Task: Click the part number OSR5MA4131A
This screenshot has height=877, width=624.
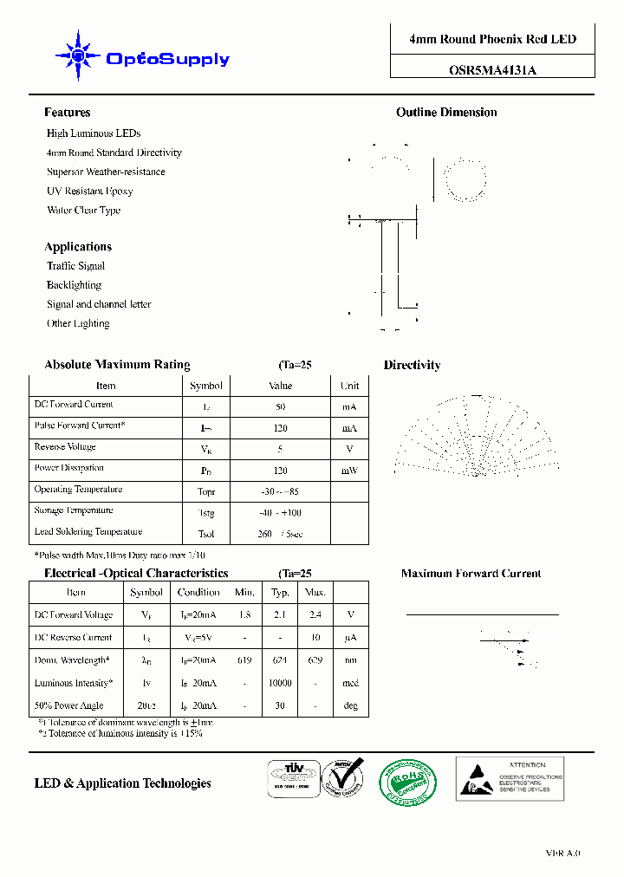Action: point(492,72)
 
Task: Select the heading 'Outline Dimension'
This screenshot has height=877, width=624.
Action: point(446,113)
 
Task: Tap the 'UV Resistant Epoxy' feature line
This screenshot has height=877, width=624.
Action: point(89,191)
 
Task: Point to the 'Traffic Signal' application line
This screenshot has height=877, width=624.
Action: point(75,266)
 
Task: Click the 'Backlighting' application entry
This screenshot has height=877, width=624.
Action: point(74,285)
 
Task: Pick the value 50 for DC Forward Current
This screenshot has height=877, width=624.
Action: point(280,406)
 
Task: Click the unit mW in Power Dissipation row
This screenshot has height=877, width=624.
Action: point(349,471)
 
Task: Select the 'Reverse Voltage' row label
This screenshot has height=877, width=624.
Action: point(65,447)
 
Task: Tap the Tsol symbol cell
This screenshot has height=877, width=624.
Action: point(205,534)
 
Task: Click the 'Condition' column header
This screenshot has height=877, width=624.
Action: point(198,593)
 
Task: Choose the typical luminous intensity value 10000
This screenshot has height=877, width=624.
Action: point(280,683)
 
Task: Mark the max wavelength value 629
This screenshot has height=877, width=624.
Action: point(315,660)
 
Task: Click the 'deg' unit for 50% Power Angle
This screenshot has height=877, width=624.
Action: point(350,705)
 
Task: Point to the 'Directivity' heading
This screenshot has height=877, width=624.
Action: point(412,366)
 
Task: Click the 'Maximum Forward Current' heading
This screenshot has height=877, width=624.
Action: point(471,574)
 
